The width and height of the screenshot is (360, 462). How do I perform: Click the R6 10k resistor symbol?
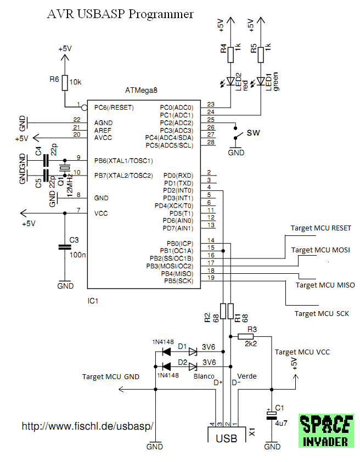[x=65, y=83]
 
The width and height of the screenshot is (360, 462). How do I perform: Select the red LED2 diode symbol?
[x=230, y=81]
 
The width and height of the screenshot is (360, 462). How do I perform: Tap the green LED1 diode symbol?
[x=261, y=81]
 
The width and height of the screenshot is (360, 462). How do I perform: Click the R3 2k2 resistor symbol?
[x=246, y=336]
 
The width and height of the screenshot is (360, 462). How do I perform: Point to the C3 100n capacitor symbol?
[x=65, y=247]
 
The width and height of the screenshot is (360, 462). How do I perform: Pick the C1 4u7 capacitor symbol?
[x=272, y=415]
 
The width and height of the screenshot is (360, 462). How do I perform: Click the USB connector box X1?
[x=227, y=435]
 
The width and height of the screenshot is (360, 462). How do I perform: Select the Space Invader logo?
[x=326, y=431]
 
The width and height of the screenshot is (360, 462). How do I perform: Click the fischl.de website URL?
[x=87, y=426]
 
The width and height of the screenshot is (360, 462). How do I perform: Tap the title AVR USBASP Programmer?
[x=120, y=14]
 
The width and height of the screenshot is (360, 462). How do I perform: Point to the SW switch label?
[x=254, y=133]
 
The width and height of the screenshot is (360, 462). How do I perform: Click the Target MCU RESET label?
[x=321, y=228]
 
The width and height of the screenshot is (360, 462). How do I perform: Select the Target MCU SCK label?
[x=322, y=313]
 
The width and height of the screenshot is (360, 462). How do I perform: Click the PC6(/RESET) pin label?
[x=114, y=108]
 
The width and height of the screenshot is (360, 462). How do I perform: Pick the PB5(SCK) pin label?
[x=178, y=281]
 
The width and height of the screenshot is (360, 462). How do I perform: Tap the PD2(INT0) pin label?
[x=178, y=190]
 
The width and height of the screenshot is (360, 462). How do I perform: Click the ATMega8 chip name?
[x=141, y=90]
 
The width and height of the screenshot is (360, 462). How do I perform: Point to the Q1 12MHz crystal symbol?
[x=65, y=168]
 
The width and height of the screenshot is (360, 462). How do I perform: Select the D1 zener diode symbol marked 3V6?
[x=193, y=352]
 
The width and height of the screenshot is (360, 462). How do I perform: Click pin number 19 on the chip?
[x=211, y=278]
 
